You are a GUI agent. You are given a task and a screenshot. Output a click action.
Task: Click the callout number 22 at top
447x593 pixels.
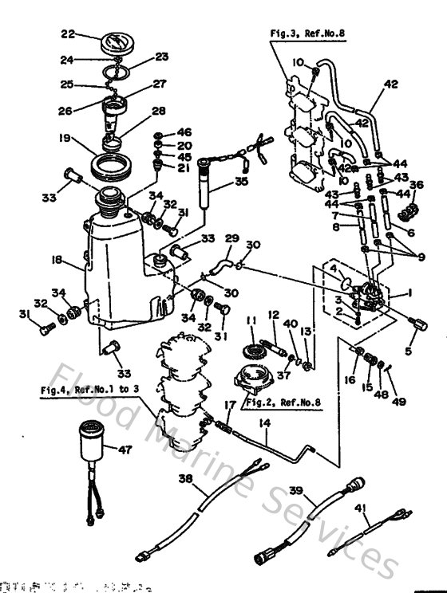(x=68, y=33)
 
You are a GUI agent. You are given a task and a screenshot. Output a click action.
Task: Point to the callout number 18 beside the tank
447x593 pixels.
(x=57, y=259)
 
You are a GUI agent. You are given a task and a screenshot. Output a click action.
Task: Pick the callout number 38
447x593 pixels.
(x=185, y=480)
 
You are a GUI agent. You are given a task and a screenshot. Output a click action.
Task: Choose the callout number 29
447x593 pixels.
(x=231, y=238)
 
